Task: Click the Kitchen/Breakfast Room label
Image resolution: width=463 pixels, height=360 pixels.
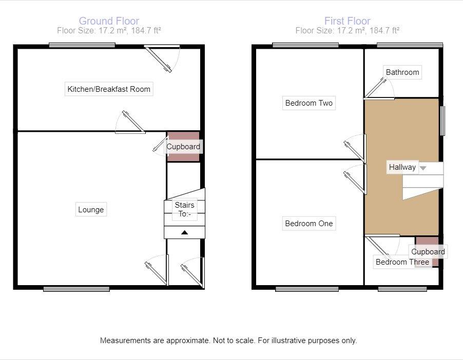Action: click(x=109, y=89)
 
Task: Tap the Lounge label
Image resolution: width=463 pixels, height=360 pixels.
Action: click(x=91, y=210)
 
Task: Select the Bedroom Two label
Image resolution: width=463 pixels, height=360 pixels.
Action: click(x=309, y=103)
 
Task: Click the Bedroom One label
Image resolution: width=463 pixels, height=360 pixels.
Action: click(x=309, y=224)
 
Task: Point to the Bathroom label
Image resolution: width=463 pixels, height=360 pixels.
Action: click(x=402, y=72)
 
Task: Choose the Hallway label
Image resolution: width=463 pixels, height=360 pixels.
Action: click(x=402, y=167)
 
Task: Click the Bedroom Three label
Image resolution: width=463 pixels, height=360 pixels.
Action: click(x=402, y=262)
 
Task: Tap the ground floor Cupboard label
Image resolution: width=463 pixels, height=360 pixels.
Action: click(x=183, y=147)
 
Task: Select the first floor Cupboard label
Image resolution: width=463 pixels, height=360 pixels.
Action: click(x=428, y=252)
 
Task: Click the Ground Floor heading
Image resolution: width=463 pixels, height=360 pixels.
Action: click(x=109, y=21)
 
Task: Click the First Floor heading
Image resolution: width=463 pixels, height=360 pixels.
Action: click(x=347, y=21)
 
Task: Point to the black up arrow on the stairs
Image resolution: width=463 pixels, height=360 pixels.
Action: click(x=185, y=232)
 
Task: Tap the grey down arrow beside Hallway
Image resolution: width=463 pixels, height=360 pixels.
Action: click(x=423, y=168)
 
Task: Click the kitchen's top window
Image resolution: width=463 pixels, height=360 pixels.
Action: click(x=82, y=45)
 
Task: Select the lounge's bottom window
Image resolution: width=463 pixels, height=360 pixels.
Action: click(x=76, y=289)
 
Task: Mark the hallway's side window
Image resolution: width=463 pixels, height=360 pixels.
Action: click(x=442, y=121)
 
